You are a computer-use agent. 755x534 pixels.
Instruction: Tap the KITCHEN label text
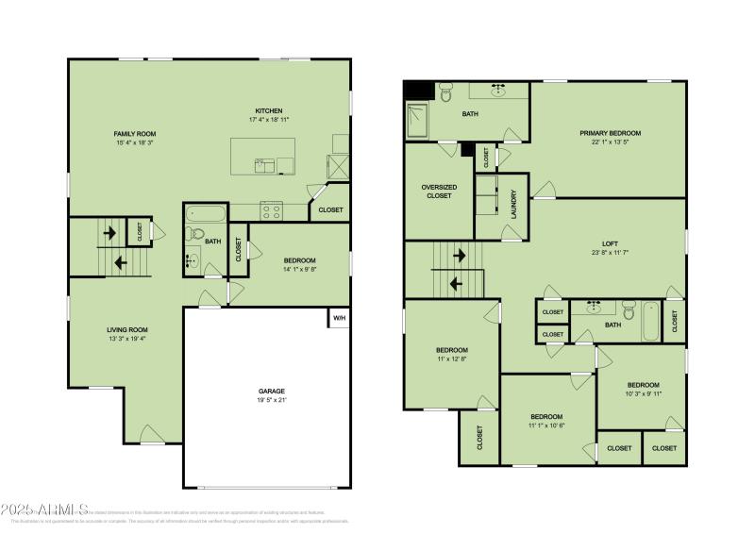(269, 110)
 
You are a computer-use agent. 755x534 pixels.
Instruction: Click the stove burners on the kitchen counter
(271, 211)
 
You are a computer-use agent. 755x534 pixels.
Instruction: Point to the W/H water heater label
(339, 319)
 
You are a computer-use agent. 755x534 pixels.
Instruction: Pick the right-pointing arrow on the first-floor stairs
(109, 231)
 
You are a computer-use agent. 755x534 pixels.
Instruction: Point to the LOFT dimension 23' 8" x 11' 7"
(609, 253)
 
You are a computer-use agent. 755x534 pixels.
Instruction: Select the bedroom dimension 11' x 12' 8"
(451, 358)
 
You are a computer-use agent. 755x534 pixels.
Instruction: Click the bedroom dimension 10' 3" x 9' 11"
(644, 393)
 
